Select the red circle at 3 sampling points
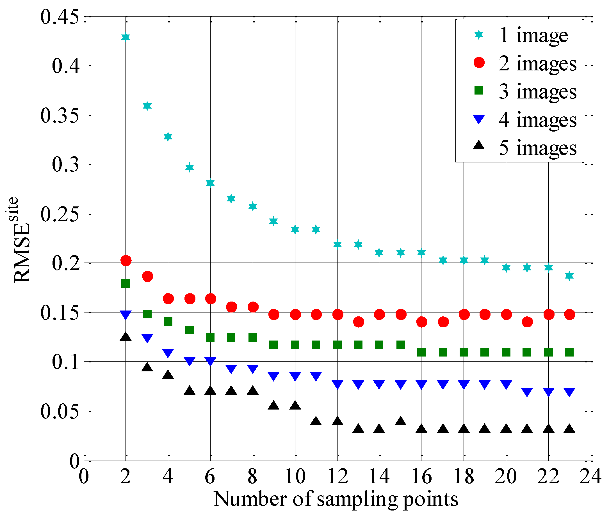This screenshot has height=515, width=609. click(147, 276)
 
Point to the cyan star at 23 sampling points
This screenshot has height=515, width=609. click(569, 276)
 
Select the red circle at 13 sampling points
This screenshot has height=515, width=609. click(359, 322)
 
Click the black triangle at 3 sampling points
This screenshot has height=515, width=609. click(147, 367)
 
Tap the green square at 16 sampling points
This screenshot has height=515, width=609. click(421, 352)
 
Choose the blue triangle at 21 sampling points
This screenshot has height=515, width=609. click(527, 392)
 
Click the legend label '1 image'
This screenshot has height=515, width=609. click(533, 35)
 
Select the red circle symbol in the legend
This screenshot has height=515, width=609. click(479, 63)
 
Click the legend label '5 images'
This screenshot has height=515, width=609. click(538, 148)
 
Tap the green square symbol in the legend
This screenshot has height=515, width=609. click(479, 91)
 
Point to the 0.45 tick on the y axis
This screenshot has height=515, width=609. click(60, 17)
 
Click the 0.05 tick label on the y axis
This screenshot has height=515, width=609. click(60, 412)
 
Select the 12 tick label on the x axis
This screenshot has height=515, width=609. click(337, 477)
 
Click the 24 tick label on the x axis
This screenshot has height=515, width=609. click(590, 477)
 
